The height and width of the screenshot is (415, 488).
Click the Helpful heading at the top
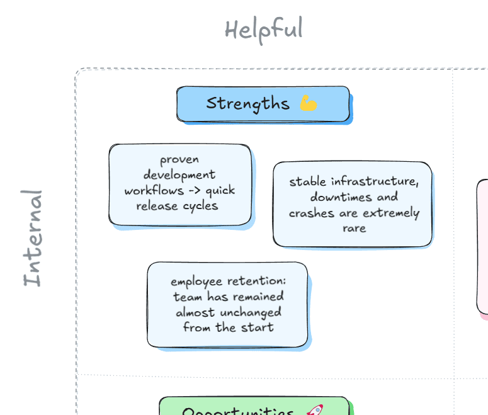[263, 30]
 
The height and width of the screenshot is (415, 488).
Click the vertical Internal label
[33, 238]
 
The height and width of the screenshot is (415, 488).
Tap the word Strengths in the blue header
[247, 103]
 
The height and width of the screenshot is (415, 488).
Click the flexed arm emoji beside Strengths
[309, 103]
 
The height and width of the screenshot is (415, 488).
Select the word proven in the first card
[179, 159]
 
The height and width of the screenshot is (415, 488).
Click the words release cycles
[177, 206]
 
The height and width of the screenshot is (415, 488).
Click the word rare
[354, 228]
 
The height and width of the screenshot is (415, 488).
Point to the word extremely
[391, 213]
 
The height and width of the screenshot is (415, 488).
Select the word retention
[258, 281]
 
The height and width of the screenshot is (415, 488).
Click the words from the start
[228, 327]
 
